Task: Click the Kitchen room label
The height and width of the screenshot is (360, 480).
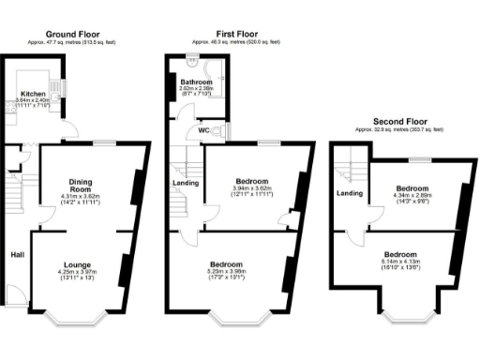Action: click(x=36, y=94)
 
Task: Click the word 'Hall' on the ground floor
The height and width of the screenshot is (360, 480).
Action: click(x=17, y=254)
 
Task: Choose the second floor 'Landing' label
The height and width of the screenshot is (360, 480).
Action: click(x=350, y=194)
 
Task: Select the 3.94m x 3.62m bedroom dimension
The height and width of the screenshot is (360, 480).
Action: click(x=251, y=188)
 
